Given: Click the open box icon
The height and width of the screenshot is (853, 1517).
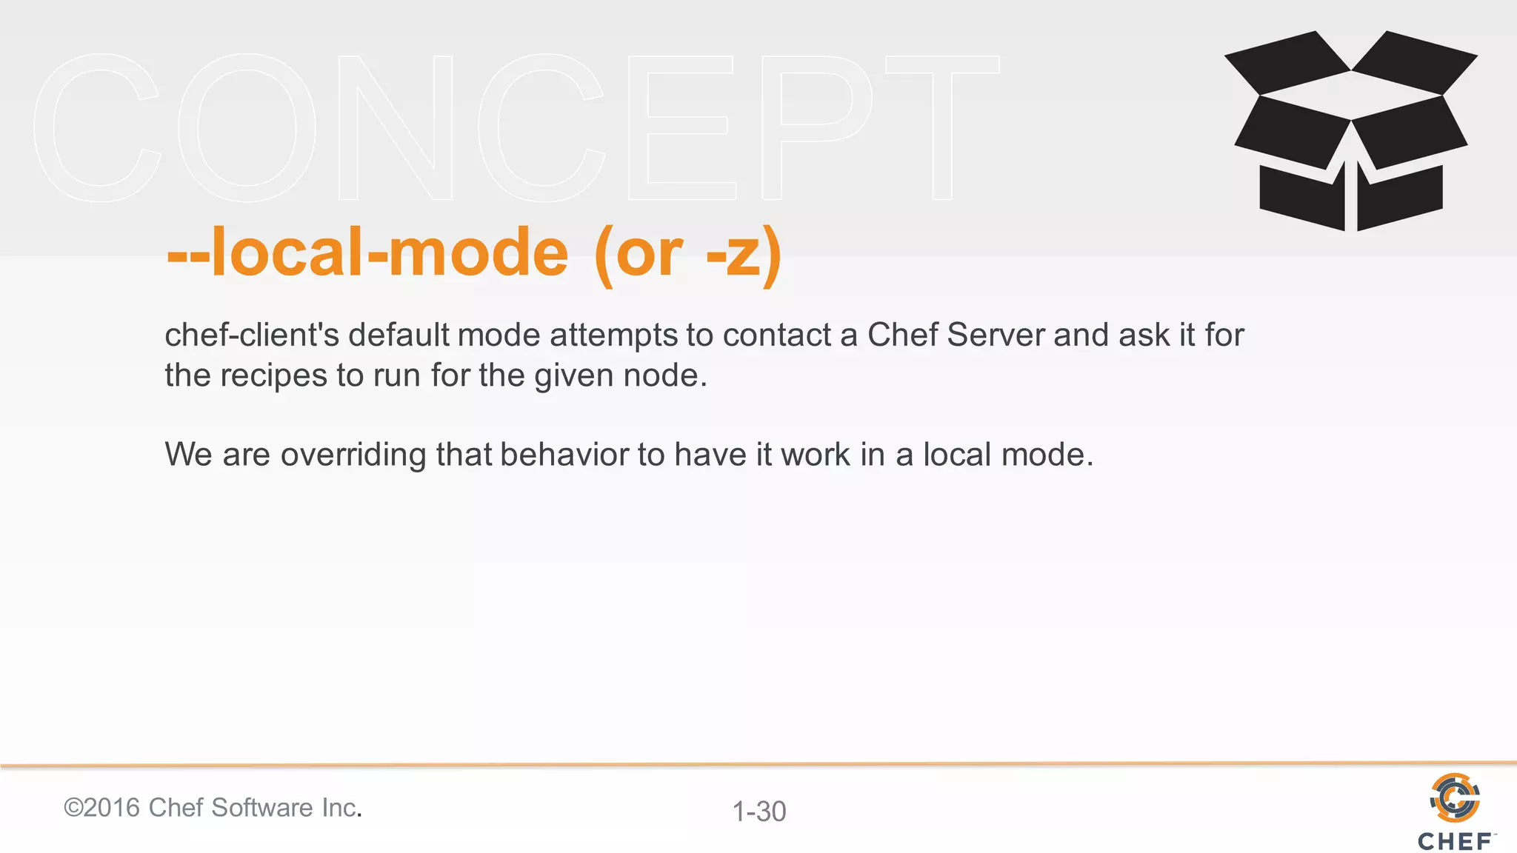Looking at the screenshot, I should pyautogui.click(x=1350, y=132).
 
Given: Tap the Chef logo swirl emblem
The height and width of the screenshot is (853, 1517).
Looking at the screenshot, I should pyautogui.click(x=1455, y=797).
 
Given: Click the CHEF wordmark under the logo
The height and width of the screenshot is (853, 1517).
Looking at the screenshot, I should pyautogui.click(x=1455, y=841).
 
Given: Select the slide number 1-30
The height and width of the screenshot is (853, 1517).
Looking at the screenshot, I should pyautogui.click(x=758, y=812).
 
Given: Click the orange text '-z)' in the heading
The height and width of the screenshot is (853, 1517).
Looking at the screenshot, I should pyautogui.click(x=744, y=254).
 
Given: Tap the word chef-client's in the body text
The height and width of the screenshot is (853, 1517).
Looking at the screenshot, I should pyautogui.click(x=252, y=335).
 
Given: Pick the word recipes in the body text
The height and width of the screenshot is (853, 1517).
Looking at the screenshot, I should pyautogui.click(x=273, y=376).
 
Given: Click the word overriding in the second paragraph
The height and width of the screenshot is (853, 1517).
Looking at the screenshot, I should pyautogui.click(x=353, y=455).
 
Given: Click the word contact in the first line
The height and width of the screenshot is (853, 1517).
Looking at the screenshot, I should pyautogui.click(x=777, y=335).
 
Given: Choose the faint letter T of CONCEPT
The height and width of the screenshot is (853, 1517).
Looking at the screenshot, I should pyautogui.click(x=941, y=127).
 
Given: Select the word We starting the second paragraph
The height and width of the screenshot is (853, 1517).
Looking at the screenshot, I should pyautogui.click(x=189, y=455).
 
